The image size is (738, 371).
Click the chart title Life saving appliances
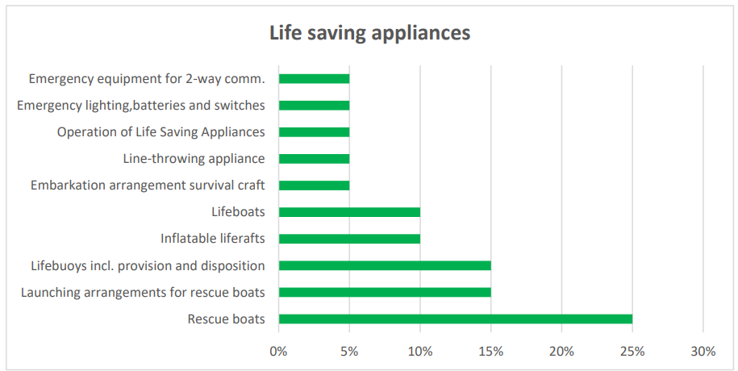pos(369,33)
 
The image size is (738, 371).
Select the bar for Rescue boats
pos(455,319)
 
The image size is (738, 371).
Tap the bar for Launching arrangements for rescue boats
pos(385,292)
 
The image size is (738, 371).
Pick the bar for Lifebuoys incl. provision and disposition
pos(385,265)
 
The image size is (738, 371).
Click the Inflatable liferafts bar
pos(349,239)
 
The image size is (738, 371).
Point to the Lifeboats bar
pos(349,212)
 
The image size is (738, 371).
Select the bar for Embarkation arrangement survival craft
pos(314,185)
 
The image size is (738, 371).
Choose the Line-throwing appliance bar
pos(314,159)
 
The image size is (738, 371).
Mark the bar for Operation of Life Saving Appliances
pos(314,132)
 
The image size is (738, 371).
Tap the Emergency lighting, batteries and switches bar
pos(314,106)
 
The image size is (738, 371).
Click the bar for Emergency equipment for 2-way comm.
pos(314,79)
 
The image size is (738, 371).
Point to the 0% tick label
pos(278,351)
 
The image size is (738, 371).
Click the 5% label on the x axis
pos(349,351)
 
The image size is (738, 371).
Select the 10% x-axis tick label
pos(420,351)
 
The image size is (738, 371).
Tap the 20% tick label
pos(561,351)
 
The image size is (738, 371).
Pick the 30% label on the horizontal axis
pos(703,351)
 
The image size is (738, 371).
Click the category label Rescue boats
pos(226,319)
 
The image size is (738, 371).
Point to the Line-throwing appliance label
pos(194,159)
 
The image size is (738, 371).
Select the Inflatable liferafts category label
pos(213,239)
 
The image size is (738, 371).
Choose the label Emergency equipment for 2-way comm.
pos(147,79)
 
